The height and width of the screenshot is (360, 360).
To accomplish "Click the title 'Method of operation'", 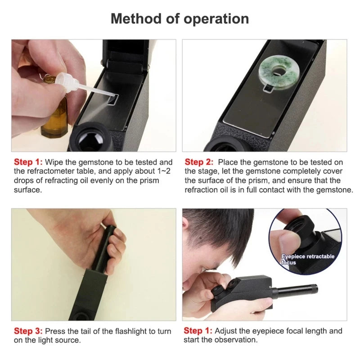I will [x=180, y=19].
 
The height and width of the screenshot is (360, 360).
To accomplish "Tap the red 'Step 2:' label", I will [x=200, y=162].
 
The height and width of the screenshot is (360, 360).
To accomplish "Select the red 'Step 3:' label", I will [x=28, y=331].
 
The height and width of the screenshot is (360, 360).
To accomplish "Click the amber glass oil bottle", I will [x=54, y=112].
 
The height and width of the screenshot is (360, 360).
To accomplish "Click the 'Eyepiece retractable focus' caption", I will [x=308, y=259].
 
